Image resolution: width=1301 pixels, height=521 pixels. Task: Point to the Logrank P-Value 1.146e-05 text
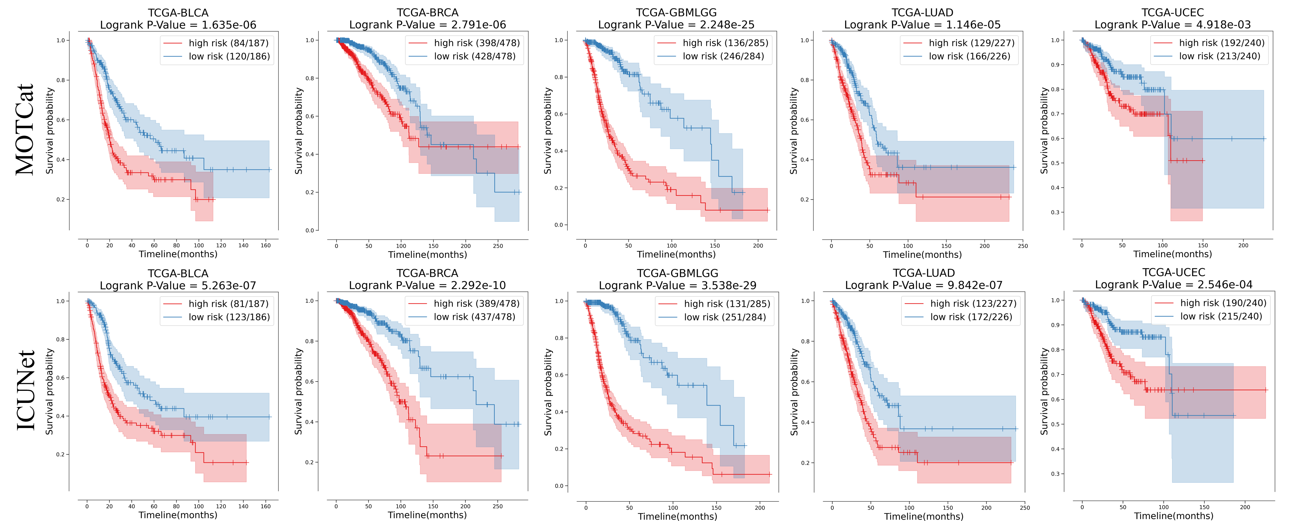click(922, 25)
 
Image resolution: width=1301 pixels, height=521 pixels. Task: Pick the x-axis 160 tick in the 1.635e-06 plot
click(266, 246)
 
